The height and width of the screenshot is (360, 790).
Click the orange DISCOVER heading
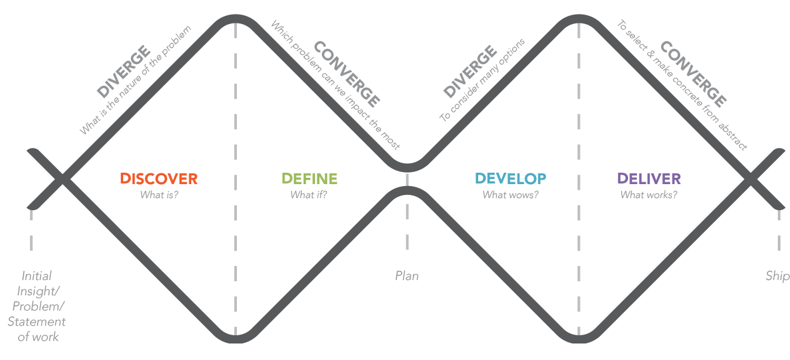coord(159,179)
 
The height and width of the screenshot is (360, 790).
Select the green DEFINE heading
coord(309,179)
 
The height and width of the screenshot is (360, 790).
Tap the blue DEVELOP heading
coord(510,179)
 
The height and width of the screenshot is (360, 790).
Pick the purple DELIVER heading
coord(648,179)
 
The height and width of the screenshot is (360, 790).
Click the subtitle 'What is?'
coord(159,195)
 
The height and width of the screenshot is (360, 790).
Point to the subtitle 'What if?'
coord(309,195)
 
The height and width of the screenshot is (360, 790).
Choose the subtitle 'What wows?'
coord(510,195)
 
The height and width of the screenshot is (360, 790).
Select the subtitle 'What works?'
coord(648,195)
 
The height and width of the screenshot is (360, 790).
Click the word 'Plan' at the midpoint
coord(407,276)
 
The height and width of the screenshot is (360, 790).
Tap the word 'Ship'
coord(777,276)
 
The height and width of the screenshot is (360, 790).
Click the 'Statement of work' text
coord(37,329)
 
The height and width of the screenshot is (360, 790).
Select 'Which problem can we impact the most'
coord(335,86)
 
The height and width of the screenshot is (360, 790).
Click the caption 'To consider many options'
coord(482,80)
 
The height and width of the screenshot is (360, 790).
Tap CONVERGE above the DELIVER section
coord(692,74)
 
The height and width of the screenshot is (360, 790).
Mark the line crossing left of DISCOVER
coord(61,179)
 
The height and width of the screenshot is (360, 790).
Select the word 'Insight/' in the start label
coord(37,291)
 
